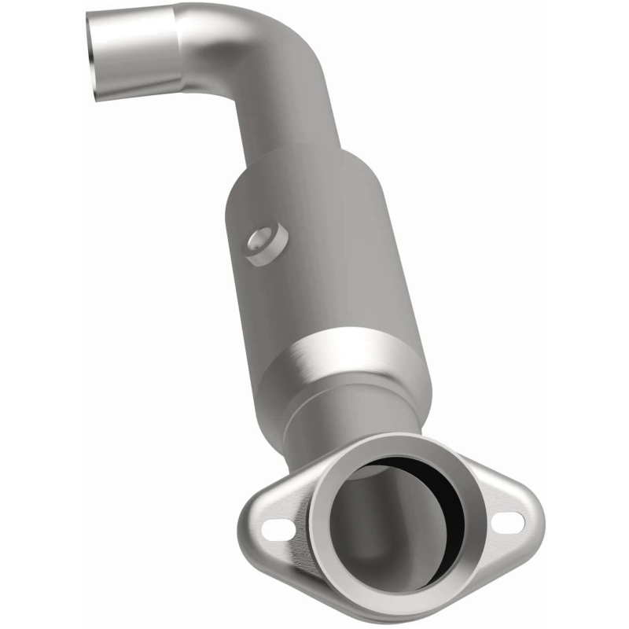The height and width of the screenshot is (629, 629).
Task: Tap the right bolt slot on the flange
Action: (508, 520)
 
